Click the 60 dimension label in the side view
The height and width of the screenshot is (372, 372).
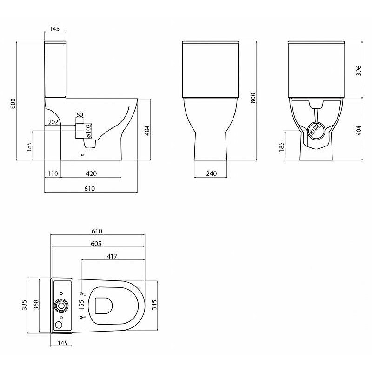pos(80,114)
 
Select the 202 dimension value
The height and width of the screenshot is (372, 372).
pos(53,122)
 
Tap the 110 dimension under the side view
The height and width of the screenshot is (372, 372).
pos(53,173)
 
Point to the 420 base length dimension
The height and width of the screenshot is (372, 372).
pos(91,173)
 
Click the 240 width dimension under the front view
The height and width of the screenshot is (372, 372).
pos(212,173)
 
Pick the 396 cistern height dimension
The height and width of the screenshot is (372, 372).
pos(359,71)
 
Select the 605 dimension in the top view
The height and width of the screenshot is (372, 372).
pos(96,244)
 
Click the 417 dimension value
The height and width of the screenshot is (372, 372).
pos(112,256)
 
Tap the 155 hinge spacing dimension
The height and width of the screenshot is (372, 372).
pos(81,305)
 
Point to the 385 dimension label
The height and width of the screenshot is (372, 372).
pos(24,305)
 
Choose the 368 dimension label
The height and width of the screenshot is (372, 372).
pos(36,305)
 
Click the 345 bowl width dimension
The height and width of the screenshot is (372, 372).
pos(154,305)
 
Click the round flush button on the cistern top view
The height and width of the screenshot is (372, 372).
pos(62,306)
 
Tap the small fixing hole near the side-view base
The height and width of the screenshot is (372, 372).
pos(82,155)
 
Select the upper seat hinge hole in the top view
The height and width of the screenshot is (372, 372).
pos(81,294)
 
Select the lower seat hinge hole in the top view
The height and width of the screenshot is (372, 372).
pos(81,317)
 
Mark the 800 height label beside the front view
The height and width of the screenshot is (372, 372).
pos(253,98)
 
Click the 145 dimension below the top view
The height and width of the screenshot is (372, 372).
pos(62,343)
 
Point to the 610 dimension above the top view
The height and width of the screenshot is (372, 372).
pos(97,231)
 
